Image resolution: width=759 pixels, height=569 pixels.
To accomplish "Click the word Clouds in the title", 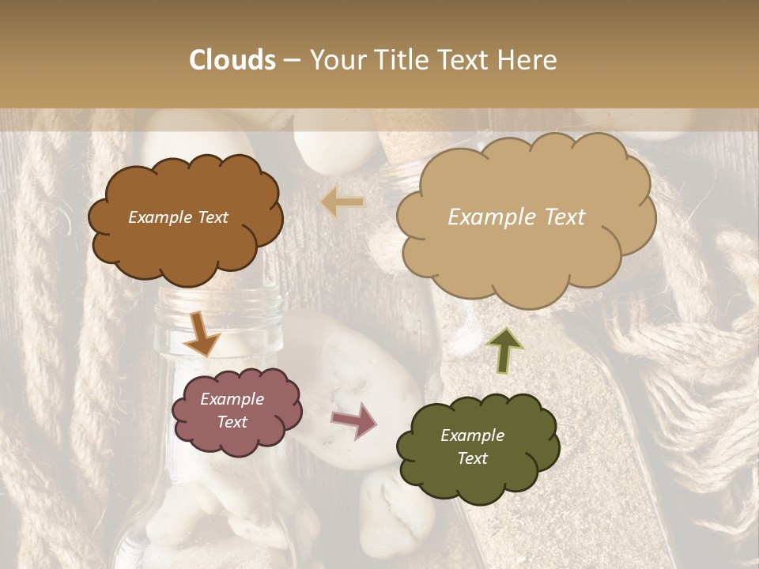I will [x=232, y=60].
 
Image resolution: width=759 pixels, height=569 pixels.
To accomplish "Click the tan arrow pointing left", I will [x=342, y=203].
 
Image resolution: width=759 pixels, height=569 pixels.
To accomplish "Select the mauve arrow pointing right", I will [x=355, y=420].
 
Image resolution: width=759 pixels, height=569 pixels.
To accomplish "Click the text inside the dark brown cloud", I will [x=178, y=217].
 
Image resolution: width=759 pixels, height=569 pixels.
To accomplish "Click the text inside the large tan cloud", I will [x=516, y=217].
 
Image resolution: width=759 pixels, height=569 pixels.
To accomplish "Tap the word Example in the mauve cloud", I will [x=232, y=399].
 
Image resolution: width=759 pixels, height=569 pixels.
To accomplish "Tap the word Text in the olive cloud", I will [x=472, y=458].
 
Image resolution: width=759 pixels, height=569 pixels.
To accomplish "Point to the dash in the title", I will [x=292, y=61].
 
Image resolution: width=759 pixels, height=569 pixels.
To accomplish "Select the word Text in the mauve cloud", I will [x=232, y=422].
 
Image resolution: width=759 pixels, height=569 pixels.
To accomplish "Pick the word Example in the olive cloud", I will [x=472, y=435].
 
